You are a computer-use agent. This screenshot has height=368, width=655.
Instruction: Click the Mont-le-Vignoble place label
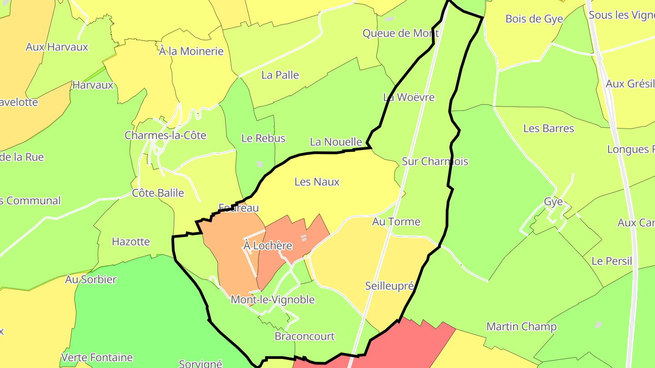pos(272,300)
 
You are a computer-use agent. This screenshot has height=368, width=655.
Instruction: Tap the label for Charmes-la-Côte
pos(165,135)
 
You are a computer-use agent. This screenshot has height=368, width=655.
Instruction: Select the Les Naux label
pos(317,182)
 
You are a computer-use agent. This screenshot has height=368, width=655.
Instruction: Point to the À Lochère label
pos(267,246)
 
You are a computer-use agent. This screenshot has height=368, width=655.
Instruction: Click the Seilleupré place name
pos(389,286)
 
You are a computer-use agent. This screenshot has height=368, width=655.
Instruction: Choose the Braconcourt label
pos(304,337)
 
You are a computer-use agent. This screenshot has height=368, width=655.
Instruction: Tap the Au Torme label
pos(396,222)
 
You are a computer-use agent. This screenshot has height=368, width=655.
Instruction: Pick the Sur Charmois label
pos(435,161)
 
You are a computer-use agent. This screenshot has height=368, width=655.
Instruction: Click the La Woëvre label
pos(408,97)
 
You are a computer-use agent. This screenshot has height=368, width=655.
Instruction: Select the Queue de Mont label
pos(400,33)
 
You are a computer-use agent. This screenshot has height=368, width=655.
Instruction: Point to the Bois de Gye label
pos(534,19)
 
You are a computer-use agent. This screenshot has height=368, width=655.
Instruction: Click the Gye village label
pos(553,202)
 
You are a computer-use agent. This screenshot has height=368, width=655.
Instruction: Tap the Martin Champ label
pos(521,327)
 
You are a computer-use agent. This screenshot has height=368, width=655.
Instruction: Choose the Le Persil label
pos(612,261)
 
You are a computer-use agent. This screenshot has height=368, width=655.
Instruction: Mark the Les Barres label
pos(549,129)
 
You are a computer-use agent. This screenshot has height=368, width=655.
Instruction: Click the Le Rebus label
pos(263,139)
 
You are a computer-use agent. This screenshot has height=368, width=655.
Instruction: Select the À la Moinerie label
pos(191,51)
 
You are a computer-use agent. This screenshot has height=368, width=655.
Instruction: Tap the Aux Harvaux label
pos(57,47)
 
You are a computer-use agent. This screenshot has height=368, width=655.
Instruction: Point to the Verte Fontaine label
pos(97,358)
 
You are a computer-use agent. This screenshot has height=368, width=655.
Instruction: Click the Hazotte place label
pos(131,242)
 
